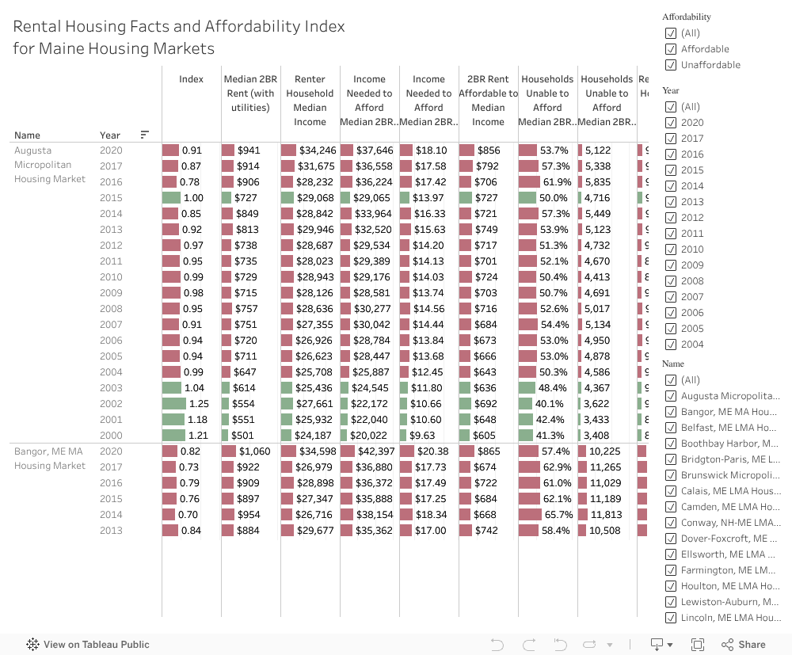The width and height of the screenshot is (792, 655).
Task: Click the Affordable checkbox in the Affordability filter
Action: coord(671,49)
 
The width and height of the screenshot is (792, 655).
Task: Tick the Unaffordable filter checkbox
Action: coord(671,65)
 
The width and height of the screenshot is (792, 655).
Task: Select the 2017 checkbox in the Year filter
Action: coord(671,139)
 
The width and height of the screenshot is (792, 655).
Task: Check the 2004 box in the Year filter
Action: coord(671,345)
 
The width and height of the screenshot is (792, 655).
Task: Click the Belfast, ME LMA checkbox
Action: coord(671,428)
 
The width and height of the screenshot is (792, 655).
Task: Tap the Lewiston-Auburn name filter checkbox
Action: coord(671,602)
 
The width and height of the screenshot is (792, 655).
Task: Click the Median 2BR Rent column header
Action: coord(249,93)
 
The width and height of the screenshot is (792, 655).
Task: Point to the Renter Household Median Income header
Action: coord(310,101)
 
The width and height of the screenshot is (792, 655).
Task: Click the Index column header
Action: coord(191,79)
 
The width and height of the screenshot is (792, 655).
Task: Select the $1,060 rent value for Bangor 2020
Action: coord(254,451)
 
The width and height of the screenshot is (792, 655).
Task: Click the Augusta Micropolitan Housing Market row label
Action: coord(49,165)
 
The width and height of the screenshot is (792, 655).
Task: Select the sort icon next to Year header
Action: coord(144,135)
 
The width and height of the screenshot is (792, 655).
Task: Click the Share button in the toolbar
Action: coord(744,645)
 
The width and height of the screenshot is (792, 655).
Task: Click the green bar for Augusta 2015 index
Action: coord(171,198)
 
